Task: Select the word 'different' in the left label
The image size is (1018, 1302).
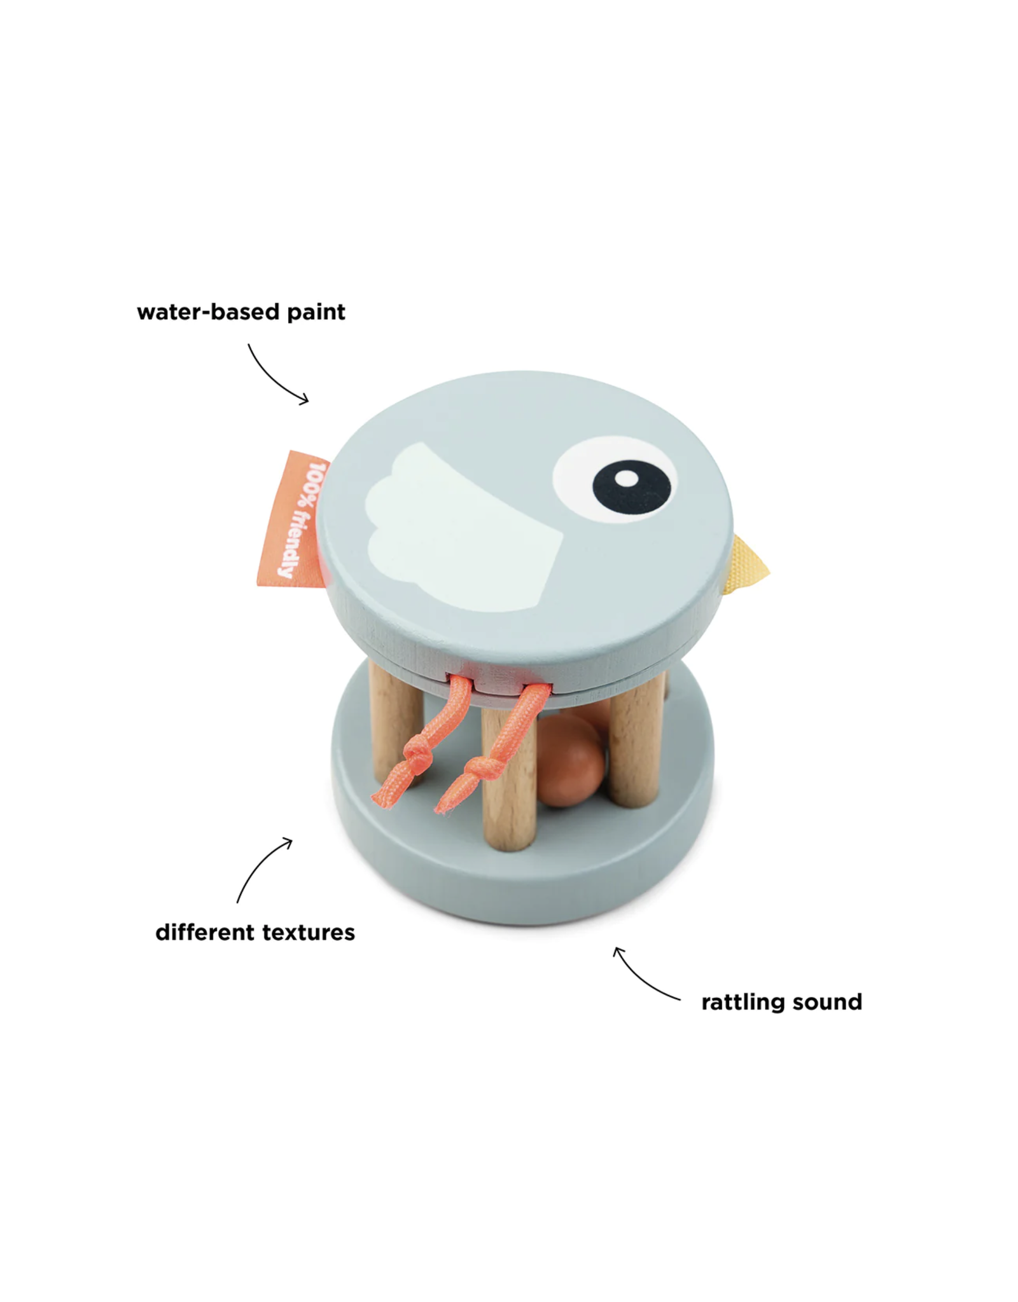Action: point(205,932)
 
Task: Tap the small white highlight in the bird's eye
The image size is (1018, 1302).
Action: point(627,479)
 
